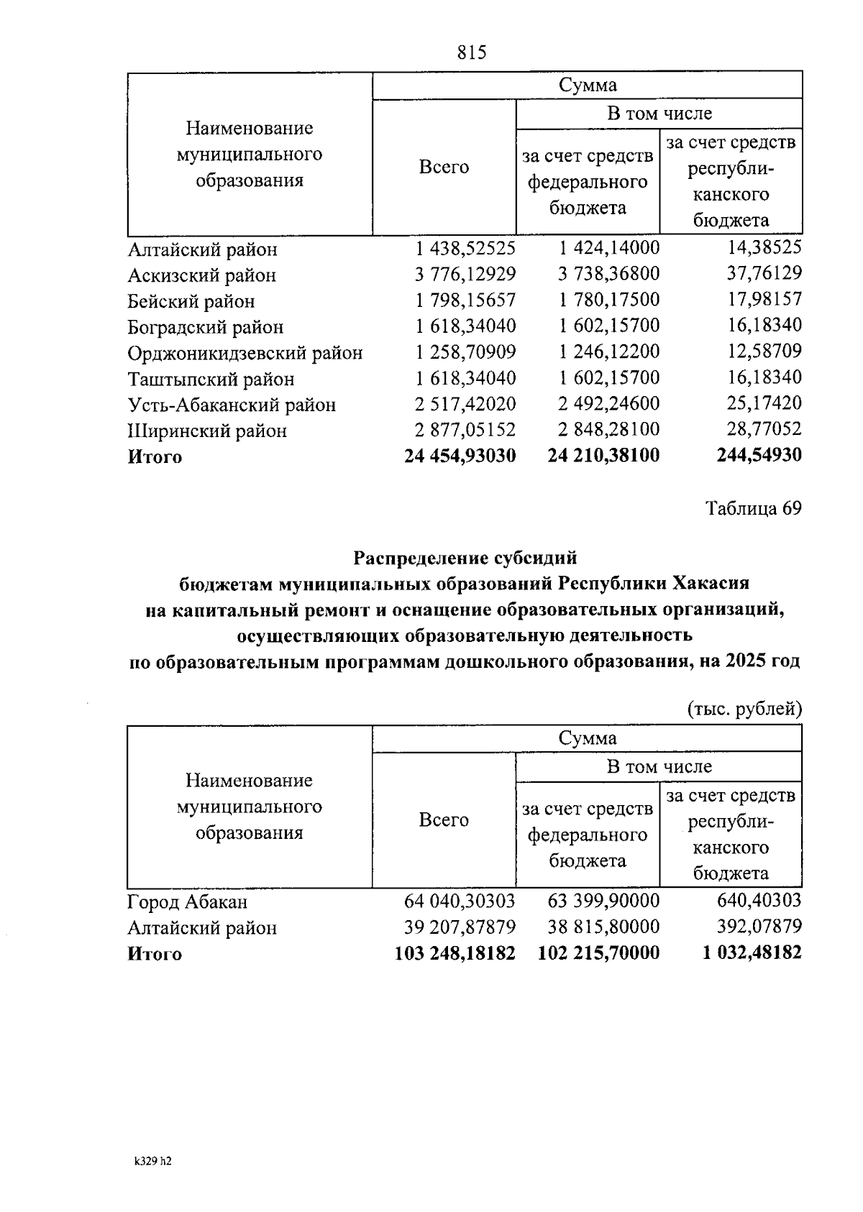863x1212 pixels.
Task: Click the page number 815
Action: (x=472, y=52)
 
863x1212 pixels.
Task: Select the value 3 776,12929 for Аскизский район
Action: (x=465, y=275)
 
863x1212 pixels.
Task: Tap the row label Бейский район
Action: (x=191, y=301)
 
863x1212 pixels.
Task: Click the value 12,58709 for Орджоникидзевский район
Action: (x=764, y=352)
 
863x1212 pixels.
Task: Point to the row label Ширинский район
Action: (x=207, y=431)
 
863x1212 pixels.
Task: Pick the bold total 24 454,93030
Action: (x=460, y=456)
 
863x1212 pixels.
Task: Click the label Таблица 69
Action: (x=753, y=508)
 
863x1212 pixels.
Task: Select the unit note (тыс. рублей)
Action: (x=744, y=709)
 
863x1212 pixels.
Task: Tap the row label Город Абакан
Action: (x=188, y=901)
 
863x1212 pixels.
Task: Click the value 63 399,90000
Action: (x=603, y=900)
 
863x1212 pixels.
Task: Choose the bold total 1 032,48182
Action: (x=752, y=953)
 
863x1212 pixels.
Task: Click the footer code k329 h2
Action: (x=152, y=1161)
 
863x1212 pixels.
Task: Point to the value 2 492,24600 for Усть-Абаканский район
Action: (x=609, y=404)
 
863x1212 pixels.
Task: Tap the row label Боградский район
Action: (x=206, y=327)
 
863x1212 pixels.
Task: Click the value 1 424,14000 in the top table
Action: (x=609, y=249)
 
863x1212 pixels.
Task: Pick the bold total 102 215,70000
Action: (x=598, y=953)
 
